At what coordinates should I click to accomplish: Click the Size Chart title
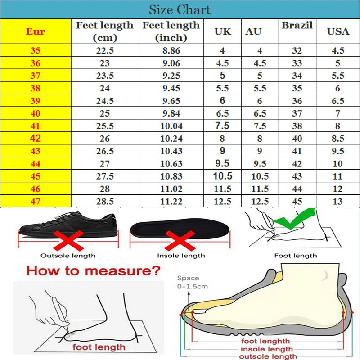pos(180,9)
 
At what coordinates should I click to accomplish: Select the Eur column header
pos(36,31)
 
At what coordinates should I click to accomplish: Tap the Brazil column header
pos(297,25)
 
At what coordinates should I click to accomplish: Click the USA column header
pos(338,31)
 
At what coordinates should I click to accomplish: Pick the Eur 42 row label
pos(36,139)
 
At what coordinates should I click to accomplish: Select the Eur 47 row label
pos(36,202)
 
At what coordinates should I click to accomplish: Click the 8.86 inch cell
pos(171,50)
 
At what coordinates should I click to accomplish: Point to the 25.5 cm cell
pos(105,126)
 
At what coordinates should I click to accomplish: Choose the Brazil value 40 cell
pos(297,139)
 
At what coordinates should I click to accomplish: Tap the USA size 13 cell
pos(338,202)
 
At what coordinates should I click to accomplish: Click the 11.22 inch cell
pos(171,202)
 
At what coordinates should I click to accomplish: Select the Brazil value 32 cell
pos(297,50)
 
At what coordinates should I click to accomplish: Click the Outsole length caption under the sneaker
pos(68,256)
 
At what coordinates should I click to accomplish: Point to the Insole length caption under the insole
pos(181,256)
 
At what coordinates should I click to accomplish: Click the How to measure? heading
pos(93,271)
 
